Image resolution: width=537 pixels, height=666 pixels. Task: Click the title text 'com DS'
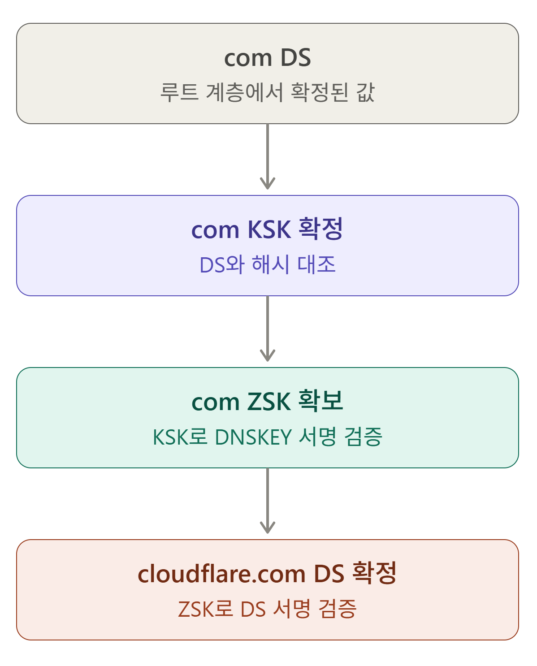268,58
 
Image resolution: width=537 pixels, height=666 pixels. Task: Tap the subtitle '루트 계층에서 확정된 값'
268,92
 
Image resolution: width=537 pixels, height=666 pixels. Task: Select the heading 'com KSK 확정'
268,229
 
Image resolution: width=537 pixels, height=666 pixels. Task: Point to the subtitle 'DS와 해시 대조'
268,264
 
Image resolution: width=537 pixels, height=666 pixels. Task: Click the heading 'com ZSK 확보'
268,402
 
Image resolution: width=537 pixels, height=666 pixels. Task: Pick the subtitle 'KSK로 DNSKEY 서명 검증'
268,437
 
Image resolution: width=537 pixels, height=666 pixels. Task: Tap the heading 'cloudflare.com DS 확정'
268,574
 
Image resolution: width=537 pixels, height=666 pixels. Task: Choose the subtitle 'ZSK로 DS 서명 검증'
268,609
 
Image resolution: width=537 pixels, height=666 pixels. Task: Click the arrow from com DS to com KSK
268,156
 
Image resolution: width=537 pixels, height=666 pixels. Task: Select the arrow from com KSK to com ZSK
268,329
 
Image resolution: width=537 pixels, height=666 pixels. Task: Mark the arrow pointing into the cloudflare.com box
268,501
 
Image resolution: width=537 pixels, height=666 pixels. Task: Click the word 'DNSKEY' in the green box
254,437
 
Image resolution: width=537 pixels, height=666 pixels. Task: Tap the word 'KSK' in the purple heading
269,229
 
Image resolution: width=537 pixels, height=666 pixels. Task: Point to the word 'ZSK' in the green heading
269,402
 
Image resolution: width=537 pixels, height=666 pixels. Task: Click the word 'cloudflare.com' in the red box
221,574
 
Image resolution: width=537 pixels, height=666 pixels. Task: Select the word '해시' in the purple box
270,264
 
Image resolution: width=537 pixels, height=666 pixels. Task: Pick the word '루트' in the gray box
179,92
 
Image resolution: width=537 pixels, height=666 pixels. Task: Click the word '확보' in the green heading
320,401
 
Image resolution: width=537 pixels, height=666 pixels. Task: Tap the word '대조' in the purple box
316,264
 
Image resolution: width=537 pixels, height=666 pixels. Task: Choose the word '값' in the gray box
365,92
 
